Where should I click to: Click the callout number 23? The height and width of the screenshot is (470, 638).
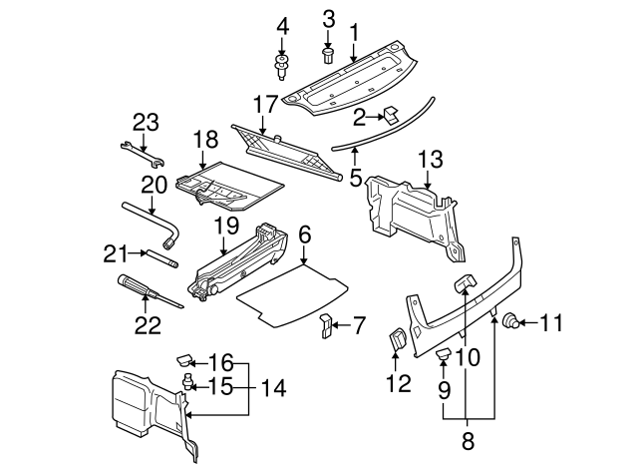coord(146,123)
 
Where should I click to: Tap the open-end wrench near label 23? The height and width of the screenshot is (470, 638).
coord(142,155)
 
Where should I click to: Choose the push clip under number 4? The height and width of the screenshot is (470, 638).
coord(282,68)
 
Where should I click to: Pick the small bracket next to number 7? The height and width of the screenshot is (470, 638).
coord(326,325)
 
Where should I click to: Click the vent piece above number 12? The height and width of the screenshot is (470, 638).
coord(397,341)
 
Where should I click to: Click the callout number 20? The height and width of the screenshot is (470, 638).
coord(153,185)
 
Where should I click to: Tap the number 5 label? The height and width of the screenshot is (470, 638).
coord(355,181)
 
